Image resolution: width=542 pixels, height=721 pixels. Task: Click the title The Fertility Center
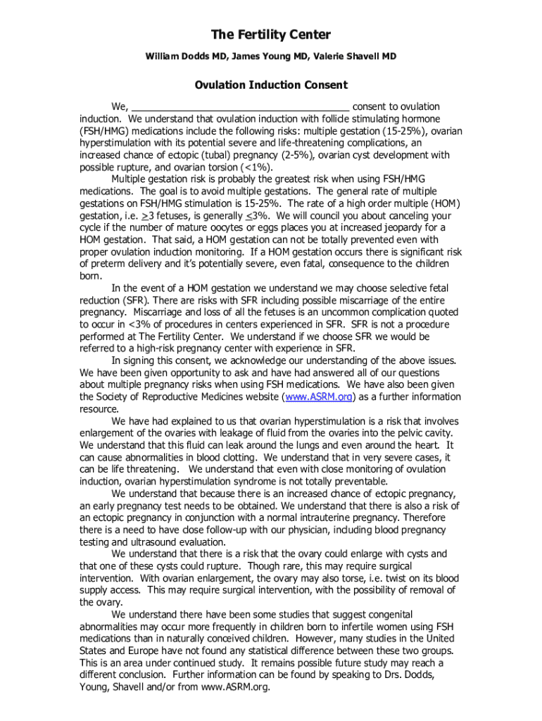(271, 35)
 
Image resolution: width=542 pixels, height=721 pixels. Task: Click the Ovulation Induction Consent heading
(271, 85)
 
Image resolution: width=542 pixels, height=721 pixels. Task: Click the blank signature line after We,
(240, 107)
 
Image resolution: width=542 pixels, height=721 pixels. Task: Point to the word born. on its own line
(92, 276)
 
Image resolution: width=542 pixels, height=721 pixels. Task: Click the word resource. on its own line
(99, 409)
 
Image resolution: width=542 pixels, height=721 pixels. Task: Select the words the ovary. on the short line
(103, 602)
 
